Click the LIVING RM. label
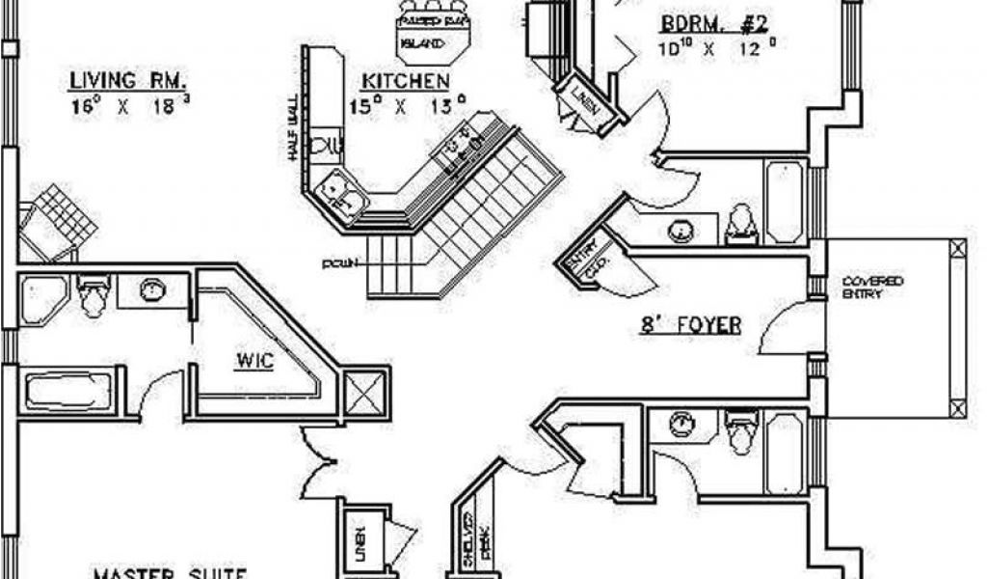tap(128, 79)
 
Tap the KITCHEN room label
tap(405, 81)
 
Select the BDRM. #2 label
tap(712, 24)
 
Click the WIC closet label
tap(255, 363)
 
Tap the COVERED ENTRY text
tap(872, 287)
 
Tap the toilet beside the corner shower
tap(93, 294)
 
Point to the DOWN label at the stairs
tap(340, 262)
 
